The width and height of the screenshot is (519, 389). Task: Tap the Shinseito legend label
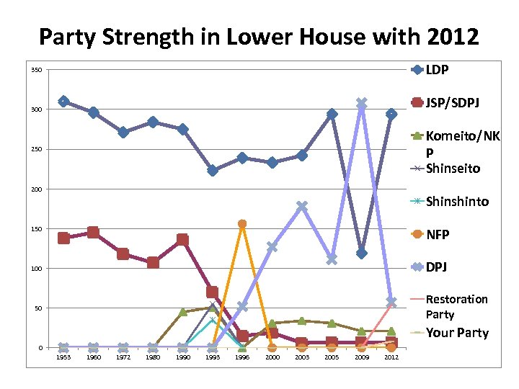tap(452, 168)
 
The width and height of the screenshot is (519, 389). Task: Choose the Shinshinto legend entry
tap(457, 201)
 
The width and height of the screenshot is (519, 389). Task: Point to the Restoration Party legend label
tap(456, 306)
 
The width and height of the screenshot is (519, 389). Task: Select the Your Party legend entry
tap(457, 333)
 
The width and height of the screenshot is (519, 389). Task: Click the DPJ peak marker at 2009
tap(361, 104)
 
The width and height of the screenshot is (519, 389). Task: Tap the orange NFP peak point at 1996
tap(242, 224)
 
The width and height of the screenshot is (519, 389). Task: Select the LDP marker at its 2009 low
tap(361, 253)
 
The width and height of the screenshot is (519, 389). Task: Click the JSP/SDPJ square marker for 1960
tap(94, 233)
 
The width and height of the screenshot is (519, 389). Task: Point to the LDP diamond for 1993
tap(213, 171)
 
